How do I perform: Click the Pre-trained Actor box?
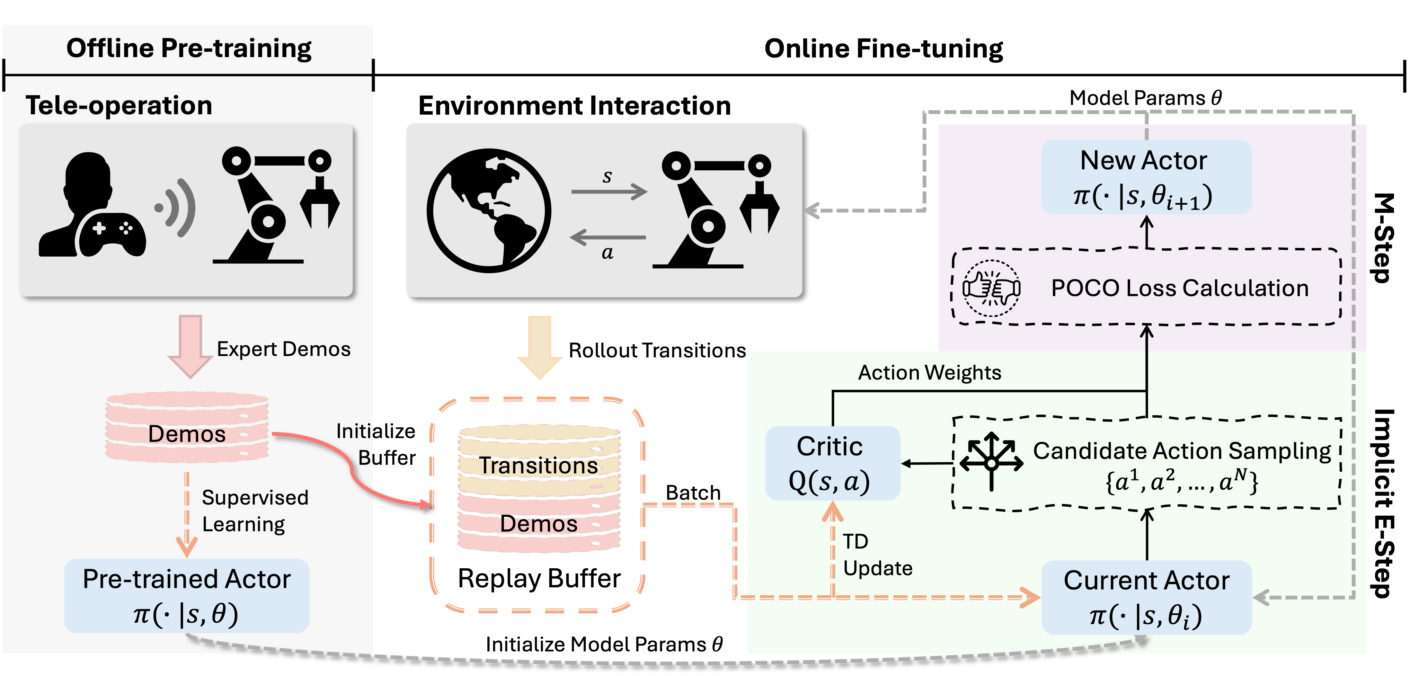click(x=187, y=596)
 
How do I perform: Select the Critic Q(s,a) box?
click(x=832, y=463)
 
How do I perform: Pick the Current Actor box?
click(x=1146, y=597)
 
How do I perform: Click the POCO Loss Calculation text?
click(x=1179, y=288)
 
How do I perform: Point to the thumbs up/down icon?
click(x=991, y=288)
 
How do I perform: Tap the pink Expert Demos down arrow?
click(x=190, y=346)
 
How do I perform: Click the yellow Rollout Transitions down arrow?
click(x=540, y=347)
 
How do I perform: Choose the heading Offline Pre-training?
click(x=189, y=48)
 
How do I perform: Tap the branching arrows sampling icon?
click(x=991, y=461)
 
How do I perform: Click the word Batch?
click(x=693, y=492)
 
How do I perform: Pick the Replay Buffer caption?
click(x=539, y=578)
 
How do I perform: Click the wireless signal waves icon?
click(x=176, y=208)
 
